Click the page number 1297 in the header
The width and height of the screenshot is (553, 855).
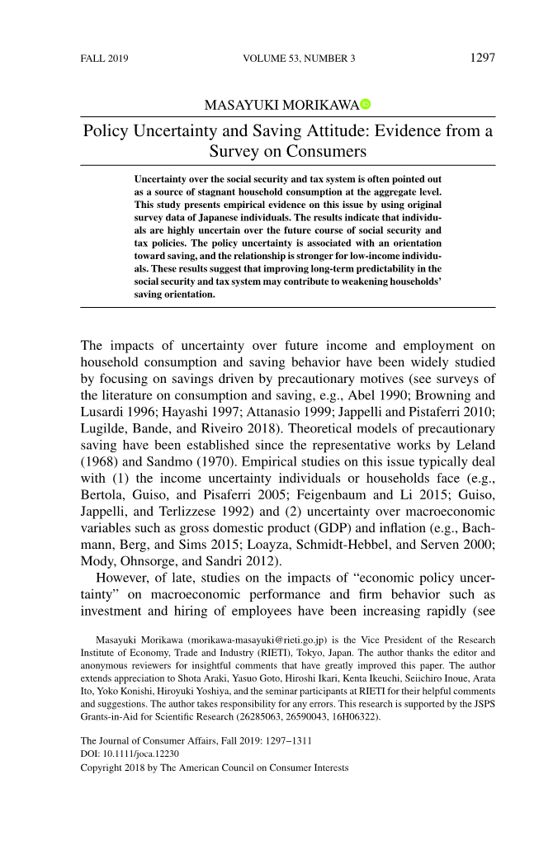point(482,59)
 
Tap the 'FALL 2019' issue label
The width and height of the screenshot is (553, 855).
point(104,59)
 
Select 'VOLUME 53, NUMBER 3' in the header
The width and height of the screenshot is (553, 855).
point(300,59)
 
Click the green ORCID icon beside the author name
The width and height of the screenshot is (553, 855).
point(366,104)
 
